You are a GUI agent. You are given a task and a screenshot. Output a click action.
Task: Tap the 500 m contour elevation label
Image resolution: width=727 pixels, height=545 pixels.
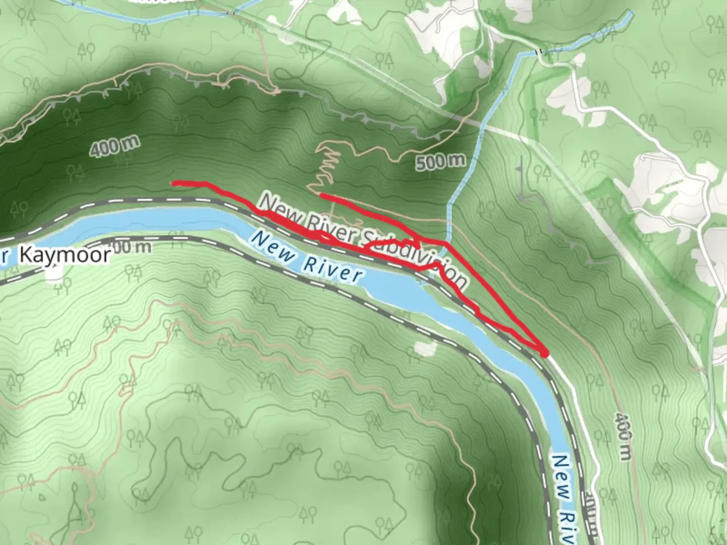pyautogui.click(x=441, y=161)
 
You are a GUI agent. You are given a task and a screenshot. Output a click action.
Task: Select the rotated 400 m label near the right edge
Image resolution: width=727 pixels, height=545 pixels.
pyautogui.click(x=624, y=437)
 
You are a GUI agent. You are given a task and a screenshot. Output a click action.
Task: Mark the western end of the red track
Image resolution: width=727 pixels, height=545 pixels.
pyautogui.click(x=174, y=183)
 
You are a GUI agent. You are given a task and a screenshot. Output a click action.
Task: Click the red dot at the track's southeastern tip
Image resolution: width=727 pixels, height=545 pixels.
pyautogui.click(x=545, y=354)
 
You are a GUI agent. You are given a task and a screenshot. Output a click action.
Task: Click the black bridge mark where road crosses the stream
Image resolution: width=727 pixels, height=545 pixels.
pyautogui.click(x=539, y=51)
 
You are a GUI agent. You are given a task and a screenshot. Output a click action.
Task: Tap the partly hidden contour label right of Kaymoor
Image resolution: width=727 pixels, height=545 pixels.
pyautogui.click(x=134, y=247)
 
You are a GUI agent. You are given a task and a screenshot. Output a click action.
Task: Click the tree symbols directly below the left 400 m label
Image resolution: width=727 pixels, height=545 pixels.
pyautogui.click(x=76, y=172)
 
